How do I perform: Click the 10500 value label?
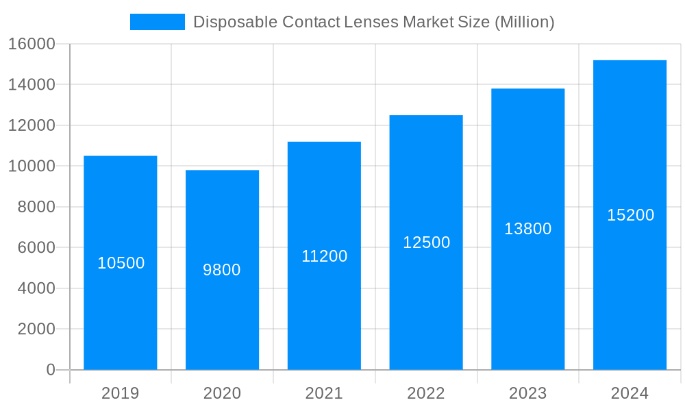coord(121,263)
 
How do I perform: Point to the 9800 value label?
coord(222,270)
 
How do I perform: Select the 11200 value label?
coord(325,256)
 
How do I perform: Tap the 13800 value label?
coord(528,229)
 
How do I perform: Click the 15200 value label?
coord(630,215)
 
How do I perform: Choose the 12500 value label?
coord(426,242)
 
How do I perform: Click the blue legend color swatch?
coord(158,22)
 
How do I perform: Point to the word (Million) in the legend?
coord(525,22)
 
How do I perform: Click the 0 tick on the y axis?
coord(51,370)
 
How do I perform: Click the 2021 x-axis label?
coord(324,393)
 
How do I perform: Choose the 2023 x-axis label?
coord(528,393)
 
